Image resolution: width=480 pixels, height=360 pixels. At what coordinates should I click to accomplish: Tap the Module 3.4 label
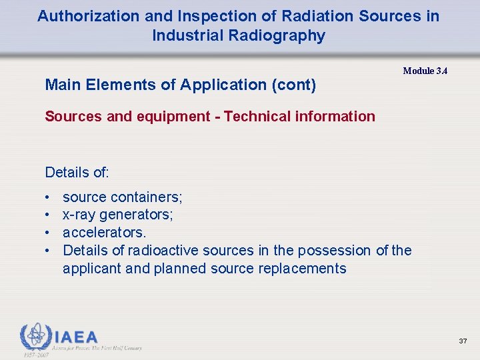pos(425,71)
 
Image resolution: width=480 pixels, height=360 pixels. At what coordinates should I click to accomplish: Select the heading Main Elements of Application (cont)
pos(180,85)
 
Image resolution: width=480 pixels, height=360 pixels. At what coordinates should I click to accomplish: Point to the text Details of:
pos(77,173)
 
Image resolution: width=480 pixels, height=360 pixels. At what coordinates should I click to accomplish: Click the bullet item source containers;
pos(123,197)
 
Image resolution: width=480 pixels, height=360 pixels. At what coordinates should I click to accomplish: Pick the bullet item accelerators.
pos(104,233)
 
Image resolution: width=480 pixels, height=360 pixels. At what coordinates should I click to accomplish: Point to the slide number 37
pos(463,341)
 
